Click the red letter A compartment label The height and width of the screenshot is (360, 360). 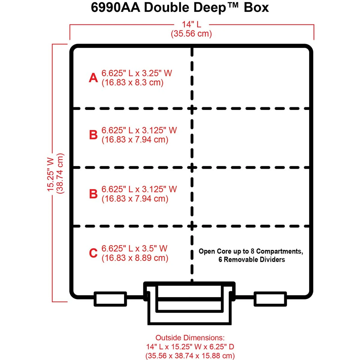pyautogui.click(x=93, y=78)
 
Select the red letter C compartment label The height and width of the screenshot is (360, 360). pyautogui.click(x=93, y=253)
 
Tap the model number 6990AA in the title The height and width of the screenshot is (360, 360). pyautogui.click(x=115, y=8)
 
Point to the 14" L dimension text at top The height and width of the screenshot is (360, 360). pyautogui.click(x=191, y=24)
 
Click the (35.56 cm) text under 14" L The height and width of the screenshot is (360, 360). pyautogui.click(x=191, y=34)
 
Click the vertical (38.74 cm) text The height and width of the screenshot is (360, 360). pyautogui.click(x=60, y=173)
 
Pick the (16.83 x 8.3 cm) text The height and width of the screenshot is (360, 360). pyautogui.click(x=132, y=82)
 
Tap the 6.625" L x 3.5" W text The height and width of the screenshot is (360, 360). pyautogui.click(x=134, y=248)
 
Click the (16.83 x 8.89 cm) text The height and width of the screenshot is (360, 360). pyautogui.click(x=135, y=258)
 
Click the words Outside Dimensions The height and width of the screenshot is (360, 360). pyautogui.click(x=190, y=337)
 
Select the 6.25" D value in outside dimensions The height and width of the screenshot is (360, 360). pyautogui.click(x=222, y=347)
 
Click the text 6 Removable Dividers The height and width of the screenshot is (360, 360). pyautogui.click(x=252, y=260)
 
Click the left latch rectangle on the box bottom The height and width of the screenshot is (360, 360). pyautogui.click(x=110, y=299)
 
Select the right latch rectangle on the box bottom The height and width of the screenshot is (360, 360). pyautogui.click(x=270, y=299)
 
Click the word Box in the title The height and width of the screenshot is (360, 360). pyautogui.click(x=256, y=8)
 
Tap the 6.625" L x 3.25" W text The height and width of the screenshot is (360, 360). pyautogui.click(x=137, y=73)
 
